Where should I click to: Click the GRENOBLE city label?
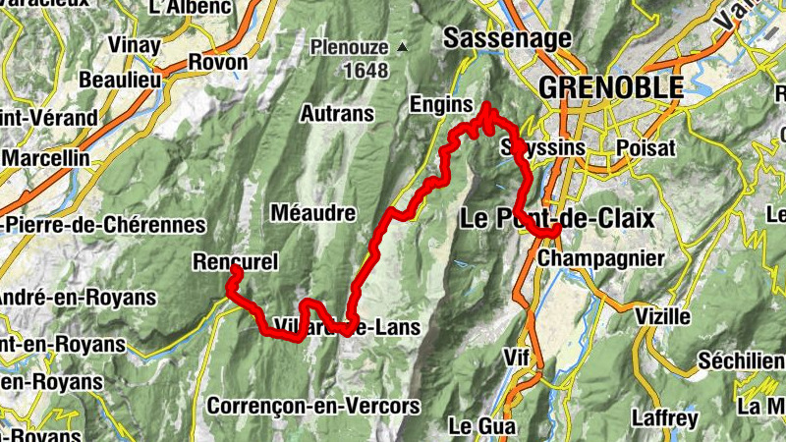[x=610, y=86]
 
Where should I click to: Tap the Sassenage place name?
[x=507, y=38]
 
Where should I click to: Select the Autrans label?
[x=337, y=114]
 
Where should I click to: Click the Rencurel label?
[x=237, y=262]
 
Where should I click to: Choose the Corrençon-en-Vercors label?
[x=313, y=405]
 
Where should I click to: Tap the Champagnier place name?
[x=602, y=258]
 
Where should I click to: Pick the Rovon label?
[x=217, y=62]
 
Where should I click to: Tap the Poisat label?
[x=645, y=147]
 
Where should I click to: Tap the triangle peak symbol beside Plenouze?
[x=402, y=46]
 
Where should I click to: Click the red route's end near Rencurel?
[x=234, y=271]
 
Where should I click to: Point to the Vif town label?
[x=516, y=355]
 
